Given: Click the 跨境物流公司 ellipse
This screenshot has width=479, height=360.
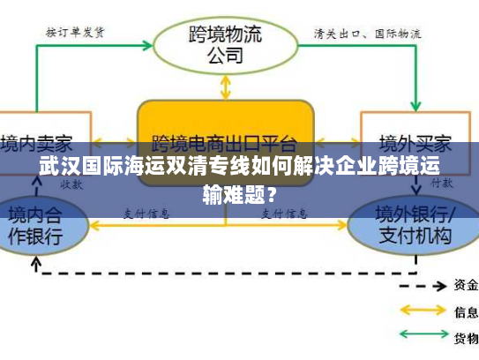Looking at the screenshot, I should [225, 44].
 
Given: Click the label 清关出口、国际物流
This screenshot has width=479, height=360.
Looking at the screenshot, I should [367, 33].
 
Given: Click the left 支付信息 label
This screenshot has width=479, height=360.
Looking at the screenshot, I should [146, 214].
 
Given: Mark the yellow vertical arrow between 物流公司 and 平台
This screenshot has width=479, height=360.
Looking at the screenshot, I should [225, 86].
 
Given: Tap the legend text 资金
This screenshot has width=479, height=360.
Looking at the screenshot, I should [466, 285].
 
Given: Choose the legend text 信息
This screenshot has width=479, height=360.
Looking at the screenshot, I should [466, 311].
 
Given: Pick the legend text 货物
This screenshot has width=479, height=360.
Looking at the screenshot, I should [466, 338].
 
